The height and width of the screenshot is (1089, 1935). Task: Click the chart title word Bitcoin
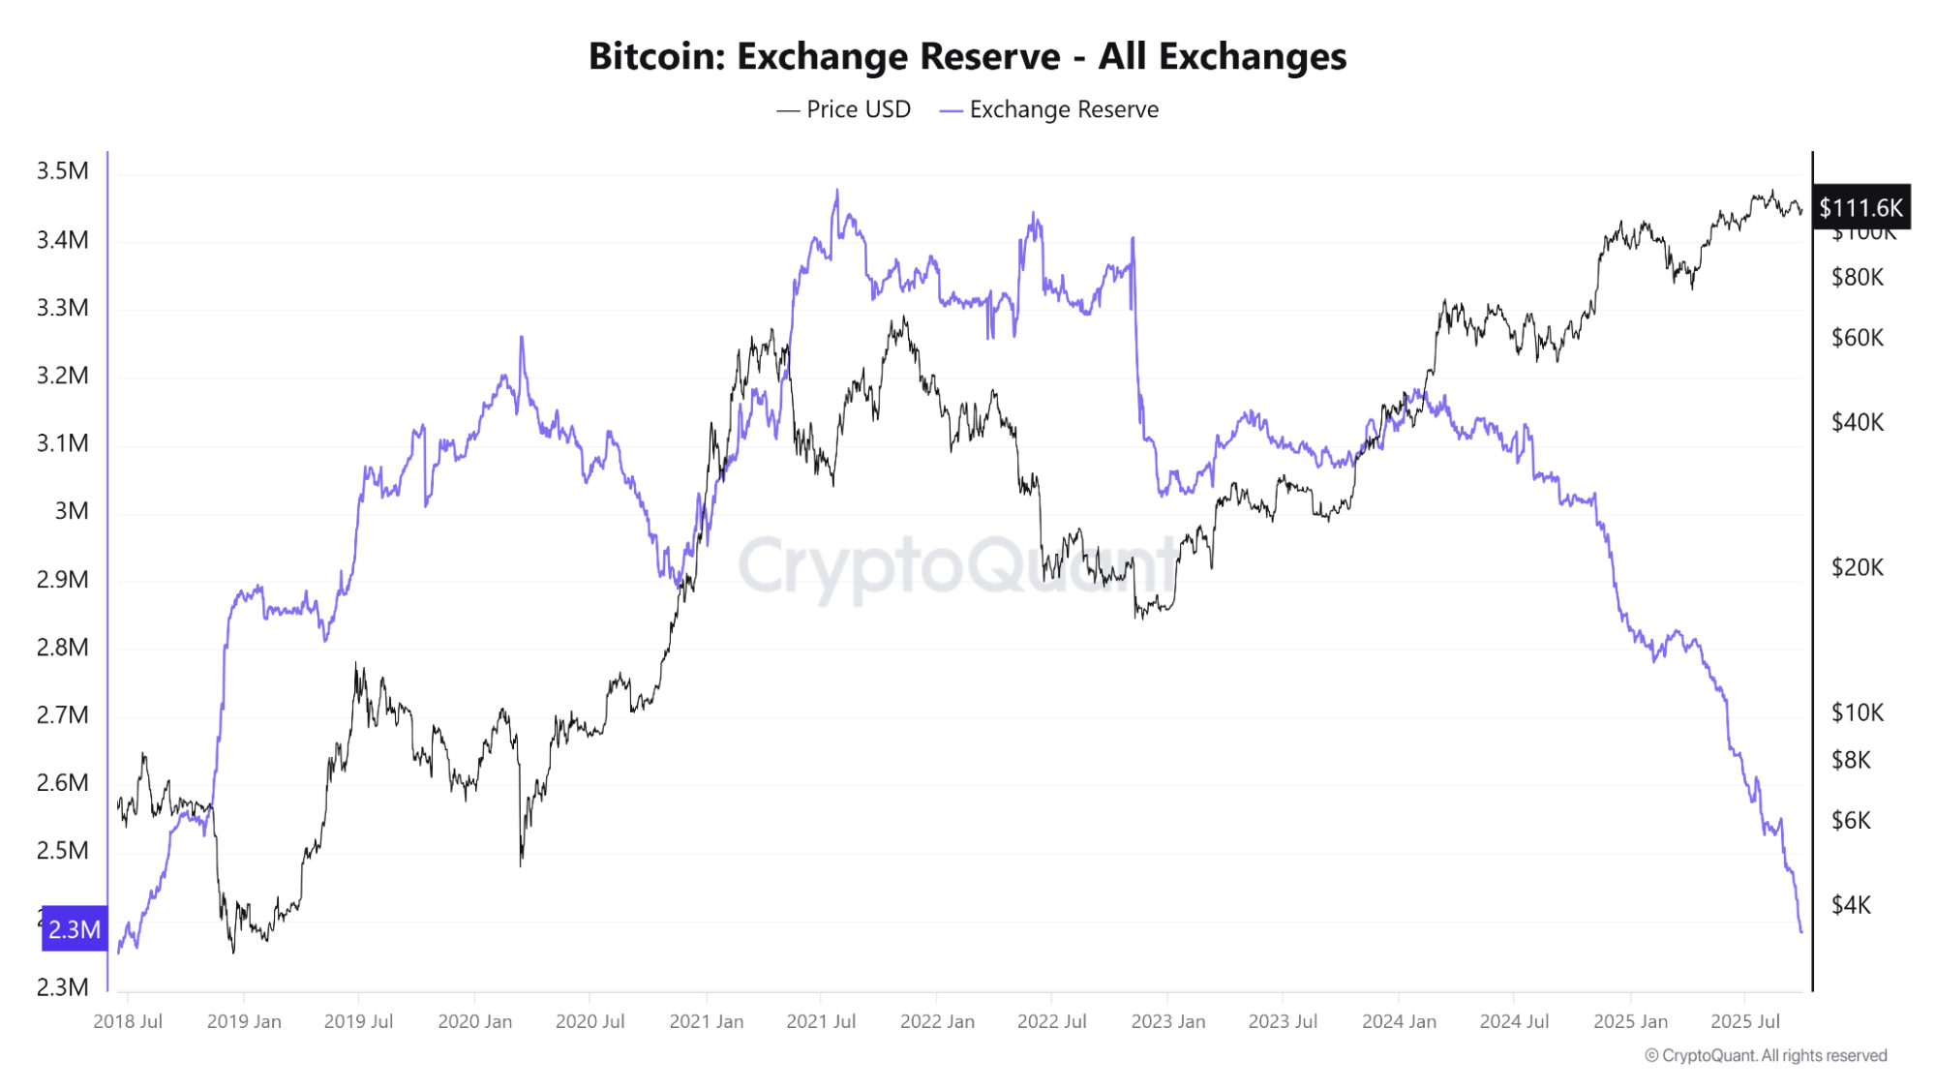click(656, 56)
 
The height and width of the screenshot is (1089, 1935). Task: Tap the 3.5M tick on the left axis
click(62, 171)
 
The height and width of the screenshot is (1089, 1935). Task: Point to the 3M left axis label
click(71, 511)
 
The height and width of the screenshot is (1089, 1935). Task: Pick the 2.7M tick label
click(62, 715)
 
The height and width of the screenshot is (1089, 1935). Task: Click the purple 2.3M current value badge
click(75, 929)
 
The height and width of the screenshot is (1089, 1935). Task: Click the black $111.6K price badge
click(1860, 207)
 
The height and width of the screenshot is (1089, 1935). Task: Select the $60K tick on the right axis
click(1857, 338)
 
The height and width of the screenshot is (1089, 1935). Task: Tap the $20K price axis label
click(1857, 567)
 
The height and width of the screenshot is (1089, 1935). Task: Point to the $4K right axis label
click(1851, 905)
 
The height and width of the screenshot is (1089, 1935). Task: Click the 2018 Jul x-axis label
click(128, 1021)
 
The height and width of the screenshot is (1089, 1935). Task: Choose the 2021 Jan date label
click(707, 1021)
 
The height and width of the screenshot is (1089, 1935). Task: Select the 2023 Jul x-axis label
click(1283, 1021)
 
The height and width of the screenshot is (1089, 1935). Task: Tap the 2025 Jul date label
click(1745, 1021)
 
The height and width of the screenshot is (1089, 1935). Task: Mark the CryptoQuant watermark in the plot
click(958, 566)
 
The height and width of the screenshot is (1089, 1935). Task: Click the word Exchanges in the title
click(1252, 56)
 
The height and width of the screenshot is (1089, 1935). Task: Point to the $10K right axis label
click(1857, 713)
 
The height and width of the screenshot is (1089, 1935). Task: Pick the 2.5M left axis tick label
click(62, 851)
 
